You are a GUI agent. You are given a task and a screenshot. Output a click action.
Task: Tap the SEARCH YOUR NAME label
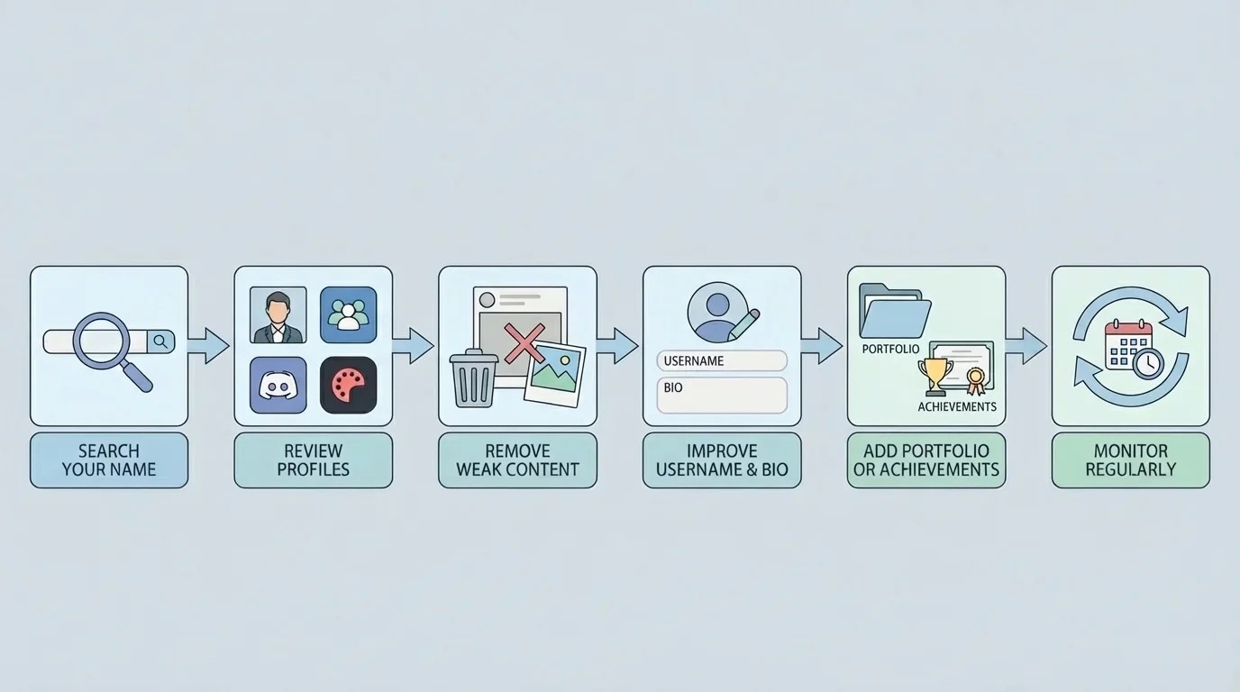(x=109, y=460)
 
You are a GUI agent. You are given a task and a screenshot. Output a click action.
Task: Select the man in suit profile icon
(x=278, y=315)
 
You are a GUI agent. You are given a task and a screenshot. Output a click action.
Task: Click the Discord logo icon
(x=278, y=385)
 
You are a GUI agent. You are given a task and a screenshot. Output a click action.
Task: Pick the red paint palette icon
(x=348, y=385)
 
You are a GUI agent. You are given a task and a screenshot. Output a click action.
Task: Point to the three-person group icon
(x=348, y=315)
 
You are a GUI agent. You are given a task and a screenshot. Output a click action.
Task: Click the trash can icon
(x=473, y=378)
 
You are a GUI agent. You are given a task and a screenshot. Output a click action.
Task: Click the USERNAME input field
(x=722, y=361)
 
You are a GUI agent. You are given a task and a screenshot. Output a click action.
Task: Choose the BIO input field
(x=722, y=395)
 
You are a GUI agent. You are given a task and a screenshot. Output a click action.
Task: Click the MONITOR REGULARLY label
(x=1130, y=460)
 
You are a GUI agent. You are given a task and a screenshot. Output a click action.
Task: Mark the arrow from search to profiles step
(x=208, y=345)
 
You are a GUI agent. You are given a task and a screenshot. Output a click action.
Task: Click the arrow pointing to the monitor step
(x=1026, y=345)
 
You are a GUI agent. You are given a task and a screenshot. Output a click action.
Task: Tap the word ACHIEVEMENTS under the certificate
(x=957, y=406)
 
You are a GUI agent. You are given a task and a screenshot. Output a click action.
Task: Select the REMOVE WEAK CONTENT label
(x=517, y=460)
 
